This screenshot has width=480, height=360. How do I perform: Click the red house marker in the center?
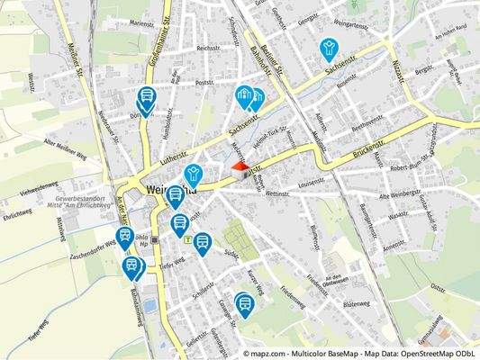240,167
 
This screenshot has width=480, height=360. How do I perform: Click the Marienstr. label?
141,24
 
